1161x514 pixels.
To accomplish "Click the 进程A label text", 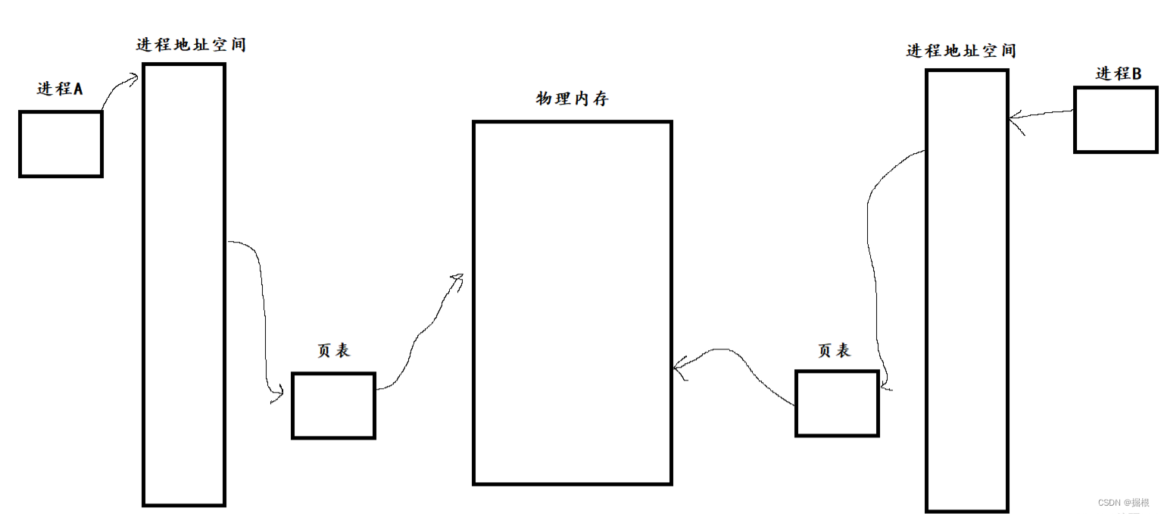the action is (59, 89).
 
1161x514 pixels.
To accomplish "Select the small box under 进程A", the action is (61, 144).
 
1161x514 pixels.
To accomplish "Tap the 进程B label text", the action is (1119, 74).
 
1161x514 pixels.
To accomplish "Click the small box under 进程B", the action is (1115, 119).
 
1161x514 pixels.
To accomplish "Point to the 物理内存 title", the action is (572, 99).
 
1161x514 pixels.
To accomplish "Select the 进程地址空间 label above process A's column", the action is (191, 45).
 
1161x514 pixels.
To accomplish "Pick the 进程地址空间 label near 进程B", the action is (960, 51).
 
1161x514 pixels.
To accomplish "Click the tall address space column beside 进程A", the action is (184, 284).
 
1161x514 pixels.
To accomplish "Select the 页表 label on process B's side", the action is (834, 350).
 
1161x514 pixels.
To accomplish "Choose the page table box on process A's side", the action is (333, 405).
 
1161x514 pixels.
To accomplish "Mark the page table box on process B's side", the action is (837, 403).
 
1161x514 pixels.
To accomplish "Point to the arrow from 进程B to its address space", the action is (1041, 115).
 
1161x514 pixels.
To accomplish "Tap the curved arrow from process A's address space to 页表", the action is (261, 303).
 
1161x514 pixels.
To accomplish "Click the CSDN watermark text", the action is (1123, 502).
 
